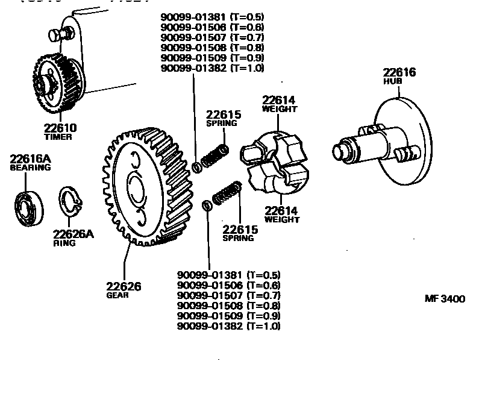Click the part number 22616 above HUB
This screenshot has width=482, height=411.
[399, 72]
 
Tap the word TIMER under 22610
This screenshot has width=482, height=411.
[58, 137]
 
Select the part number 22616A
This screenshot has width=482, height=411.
[30, 158]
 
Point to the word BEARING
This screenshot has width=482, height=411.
[30, 168]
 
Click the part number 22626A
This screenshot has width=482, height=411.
[74, 234]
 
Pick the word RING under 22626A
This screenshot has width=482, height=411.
[64, 243]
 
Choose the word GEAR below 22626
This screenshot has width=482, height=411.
[117, 295]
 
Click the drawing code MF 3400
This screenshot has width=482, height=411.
[445, 299]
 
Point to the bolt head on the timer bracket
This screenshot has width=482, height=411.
[57, 36]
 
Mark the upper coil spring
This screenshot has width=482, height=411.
[214, 156]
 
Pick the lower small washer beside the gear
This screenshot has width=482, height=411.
[207, 205]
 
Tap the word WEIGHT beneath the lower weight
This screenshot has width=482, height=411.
[281, 220]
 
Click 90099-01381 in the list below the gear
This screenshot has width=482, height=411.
[210, 275]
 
